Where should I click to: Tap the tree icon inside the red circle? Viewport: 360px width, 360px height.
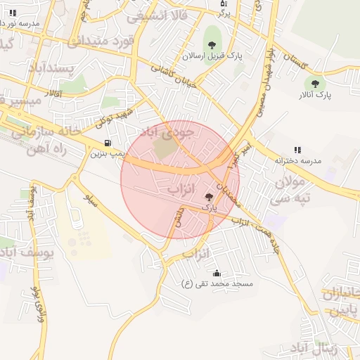[209, 198]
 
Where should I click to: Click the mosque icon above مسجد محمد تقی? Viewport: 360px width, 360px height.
[216, 273]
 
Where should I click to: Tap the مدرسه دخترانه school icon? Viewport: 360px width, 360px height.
[298, 150]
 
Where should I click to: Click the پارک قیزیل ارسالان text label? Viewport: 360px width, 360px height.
[212, 55]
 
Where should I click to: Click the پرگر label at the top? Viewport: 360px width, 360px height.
[224, 13]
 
